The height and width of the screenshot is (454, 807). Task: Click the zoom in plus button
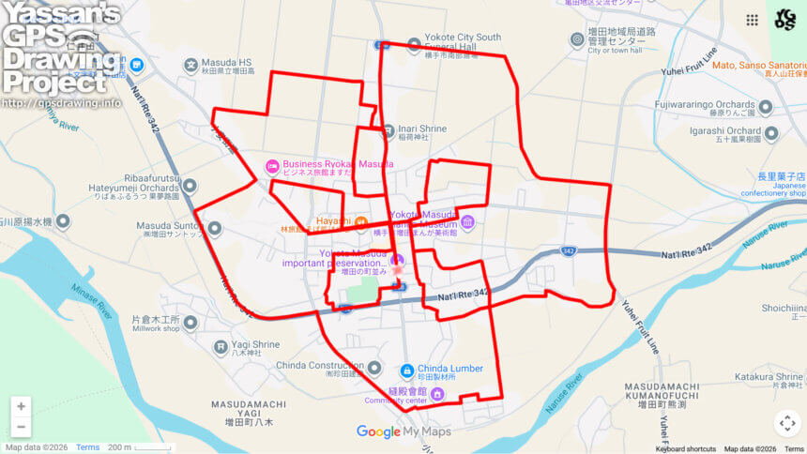point(21,406)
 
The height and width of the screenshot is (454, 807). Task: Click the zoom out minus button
point(21,428)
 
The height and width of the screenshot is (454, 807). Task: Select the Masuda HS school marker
point(191,66)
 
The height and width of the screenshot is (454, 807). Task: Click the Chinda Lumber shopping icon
point(406,370)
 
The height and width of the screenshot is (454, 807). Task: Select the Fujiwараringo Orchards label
point(706,106)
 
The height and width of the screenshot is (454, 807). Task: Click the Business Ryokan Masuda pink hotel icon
point(272,165)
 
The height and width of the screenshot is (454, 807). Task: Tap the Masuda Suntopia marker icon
point(215,228)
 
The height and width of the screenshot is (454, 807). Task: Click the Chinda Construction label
point(321,366)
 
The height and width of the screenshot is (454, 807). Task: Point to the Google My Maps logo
point(403,431)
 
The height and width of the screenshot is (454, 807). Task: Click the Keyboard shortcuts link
point(686,449)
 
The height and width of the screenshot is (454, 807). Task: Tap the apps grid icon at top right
point(752,20)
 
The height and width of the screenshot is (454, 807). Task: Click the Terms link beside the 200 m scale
point(87,447)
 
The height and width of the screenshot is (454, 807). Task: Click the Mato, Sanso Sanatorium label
point(759,66)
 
